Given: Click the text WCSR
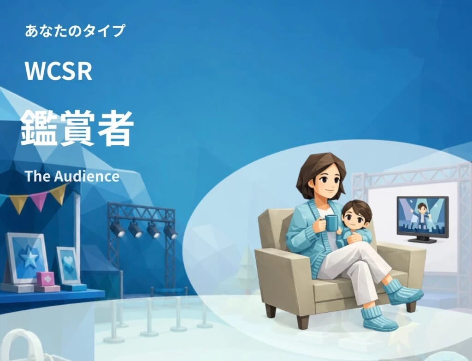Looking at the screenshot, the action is coord(59,71).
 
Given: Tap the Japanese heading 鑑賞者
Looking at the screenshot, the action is coord(77,128).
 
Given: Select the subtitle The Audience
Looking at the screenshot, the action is coord(72,176).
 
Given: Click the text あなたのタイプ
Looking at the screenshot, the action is coord(75,31).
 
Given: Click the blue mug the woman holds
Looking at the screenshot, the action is coord(330,223).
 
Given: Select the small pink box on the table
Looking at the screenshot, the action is coord(46,279).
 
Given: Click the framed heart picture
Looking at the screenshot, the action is coord(68,265).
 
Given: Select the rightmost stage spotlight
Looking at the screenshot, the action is coord(171,232).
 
